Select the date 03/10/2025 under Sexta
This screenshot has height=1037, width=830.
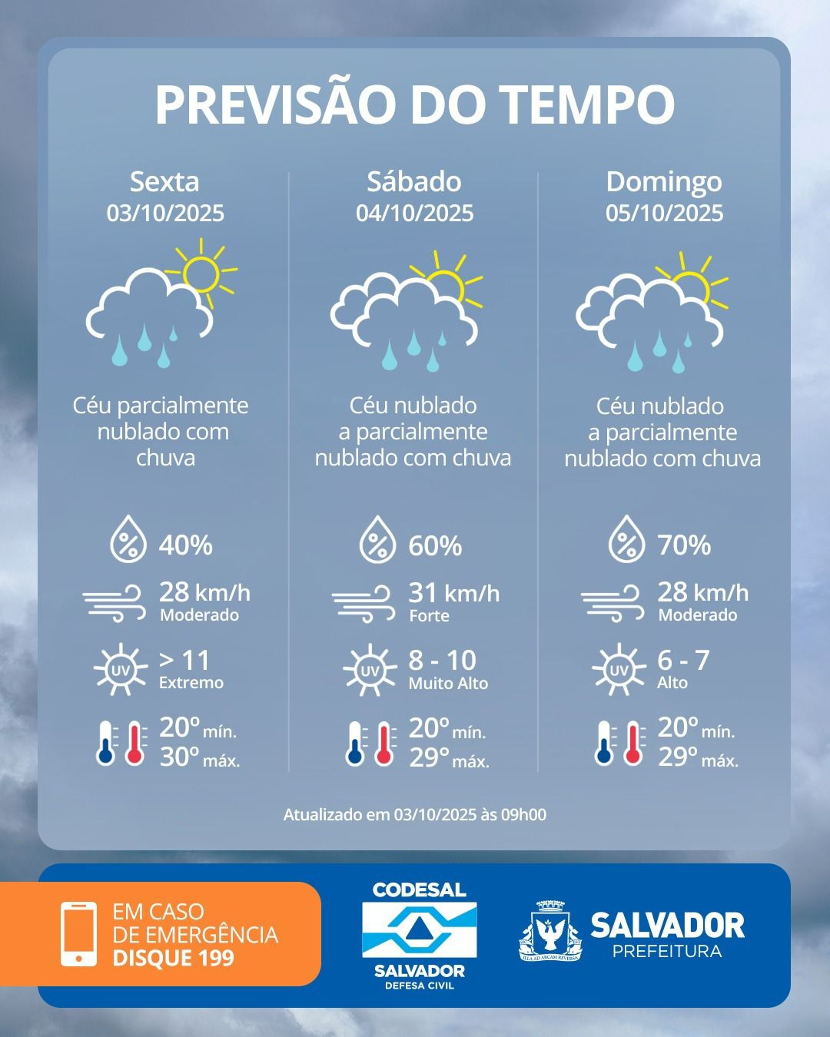click(165, 213)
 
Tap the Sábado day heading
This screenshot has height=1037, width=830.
click(414, 181)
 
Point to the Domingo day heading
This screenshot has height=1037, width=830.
click(664, 181)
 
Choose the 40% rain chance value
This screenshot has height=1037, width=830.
click(185, 545)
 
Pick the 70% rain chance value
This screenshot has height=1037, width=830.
click(684, 545)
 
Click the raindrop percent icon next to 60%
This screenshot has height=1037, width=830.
click(377, 539)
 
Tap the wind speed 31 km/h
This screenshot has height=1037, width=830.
click(453, 593)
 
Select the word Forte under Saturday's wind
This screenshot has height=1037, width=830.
click(429, 615)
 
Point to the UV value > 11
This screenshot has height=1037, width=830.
click(184, 661)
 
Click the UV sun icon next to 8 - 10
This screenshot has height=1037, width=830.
click(370, 671)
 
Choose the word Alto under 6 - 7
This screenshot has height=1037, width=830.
click(672, 683)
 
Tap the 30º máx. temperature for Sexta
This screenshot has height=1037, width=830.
click(199, 758)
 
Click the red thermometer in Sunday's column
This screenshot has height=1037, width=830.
click(633, 744)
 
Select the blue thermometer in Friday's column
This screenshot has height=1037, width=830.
click(105, 744)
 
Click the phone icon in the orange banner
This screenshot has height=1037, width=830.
click(78, 933)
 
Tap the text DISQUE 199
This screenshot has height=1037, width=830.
click(173, 958)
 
